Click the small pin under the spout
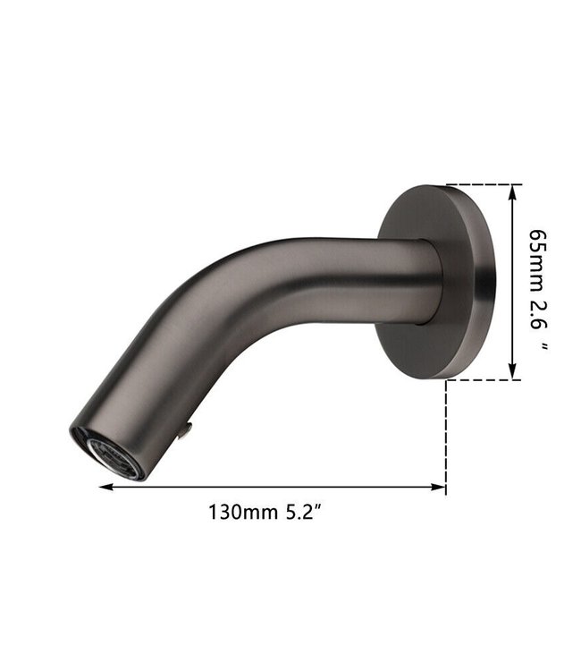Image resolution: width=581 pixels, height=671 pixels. [x=184, y=432]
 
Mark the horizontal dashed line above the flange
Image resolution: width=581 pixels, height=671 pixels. [x=483, y=184]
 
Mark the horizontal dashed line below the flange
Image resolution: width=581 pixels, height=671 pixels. [x=483, y=380]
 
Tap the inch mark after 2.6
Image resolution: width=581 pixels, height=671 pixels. [x=541, y=344]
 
